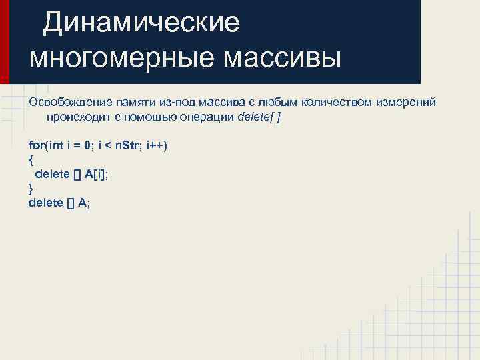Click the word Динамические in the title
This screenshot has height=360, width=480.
(x=141, y=23)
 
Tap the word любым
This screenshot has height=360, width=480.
(x=275, y=103)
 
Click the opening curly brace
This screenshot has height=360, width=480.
(x=31, y=160)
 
